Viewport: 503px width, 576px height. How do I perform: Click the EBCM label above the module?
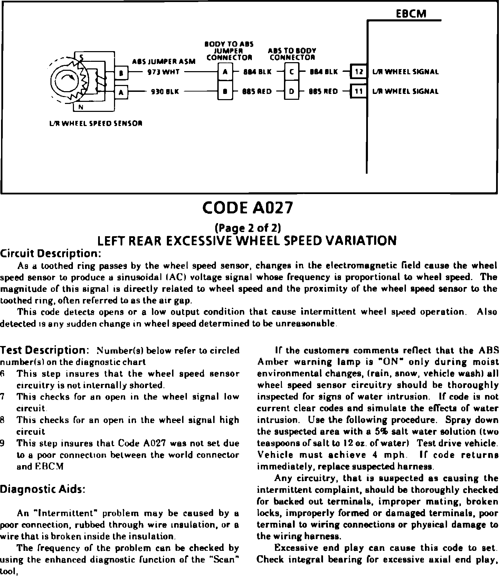click(x=411, y=13)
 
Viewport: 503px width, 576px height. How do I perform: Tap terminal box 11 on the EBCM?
click(x=359, y=91)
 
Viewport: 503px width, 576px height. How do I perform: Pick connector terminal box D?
click(x=292, y=92)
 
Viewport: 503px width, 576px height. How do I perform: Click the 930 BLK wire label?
click(x=165, y=92)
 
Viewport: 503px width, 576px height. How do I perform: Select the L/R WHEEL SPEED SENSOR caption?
click(x=96, y=123)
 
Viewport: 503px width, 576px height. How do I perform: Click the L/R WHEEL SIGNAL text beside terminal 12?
click(x=406, y=72)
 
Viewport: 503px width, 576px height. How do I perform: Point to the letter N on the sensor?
click(x=80, y=107)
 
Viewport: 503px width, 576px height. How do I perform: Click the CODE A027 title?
click(x=248, y=208)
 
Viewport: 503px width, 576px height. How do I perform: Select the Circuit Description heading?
click(x=50, y=254)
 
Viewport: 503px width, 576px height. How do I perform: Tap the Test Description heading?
click(x=45, y=350)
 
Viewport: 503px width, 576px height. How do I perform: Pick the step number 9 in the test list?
click(x=2, y=443)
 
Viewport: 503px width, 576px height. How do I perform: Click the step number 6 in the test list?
click(x=2, y=374)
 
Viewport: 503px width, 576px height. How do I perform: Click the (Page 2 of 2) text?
click(x=248, y=228)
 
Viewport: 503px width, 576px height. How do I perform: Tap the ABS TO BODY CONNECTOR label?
click(x=292, y=54)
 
